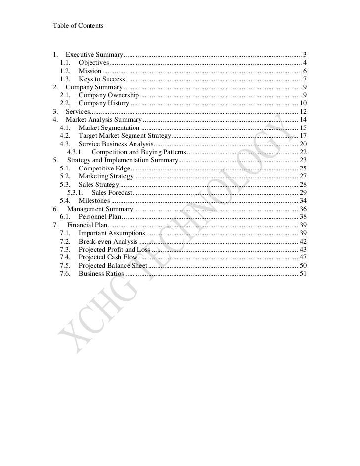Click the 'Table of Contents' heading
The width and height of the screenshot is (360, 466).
pos(78,25)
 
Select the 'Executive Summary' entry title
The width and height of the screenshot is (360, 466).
pos(94,54)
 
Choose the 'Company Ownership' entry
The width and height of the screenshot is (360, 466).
pos(109,95)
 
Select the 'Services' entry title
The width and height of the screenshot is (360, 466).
pos(78,111)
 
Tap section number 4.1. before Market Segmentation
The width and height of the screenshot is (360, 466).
pos(65,127)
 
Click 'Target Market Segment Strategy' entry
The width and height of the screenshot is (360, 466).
pos(124,135)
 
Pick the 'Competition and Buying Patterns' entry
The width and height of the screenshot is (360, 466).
pos(139,152)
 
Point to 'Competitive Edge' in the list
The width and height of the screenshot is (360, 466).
pos(104,168)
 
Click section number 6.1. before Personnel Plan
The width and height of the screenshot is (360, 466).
pos(65,216)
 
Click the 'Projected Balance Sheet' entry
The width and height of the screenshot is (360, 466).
pos(113,265)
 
